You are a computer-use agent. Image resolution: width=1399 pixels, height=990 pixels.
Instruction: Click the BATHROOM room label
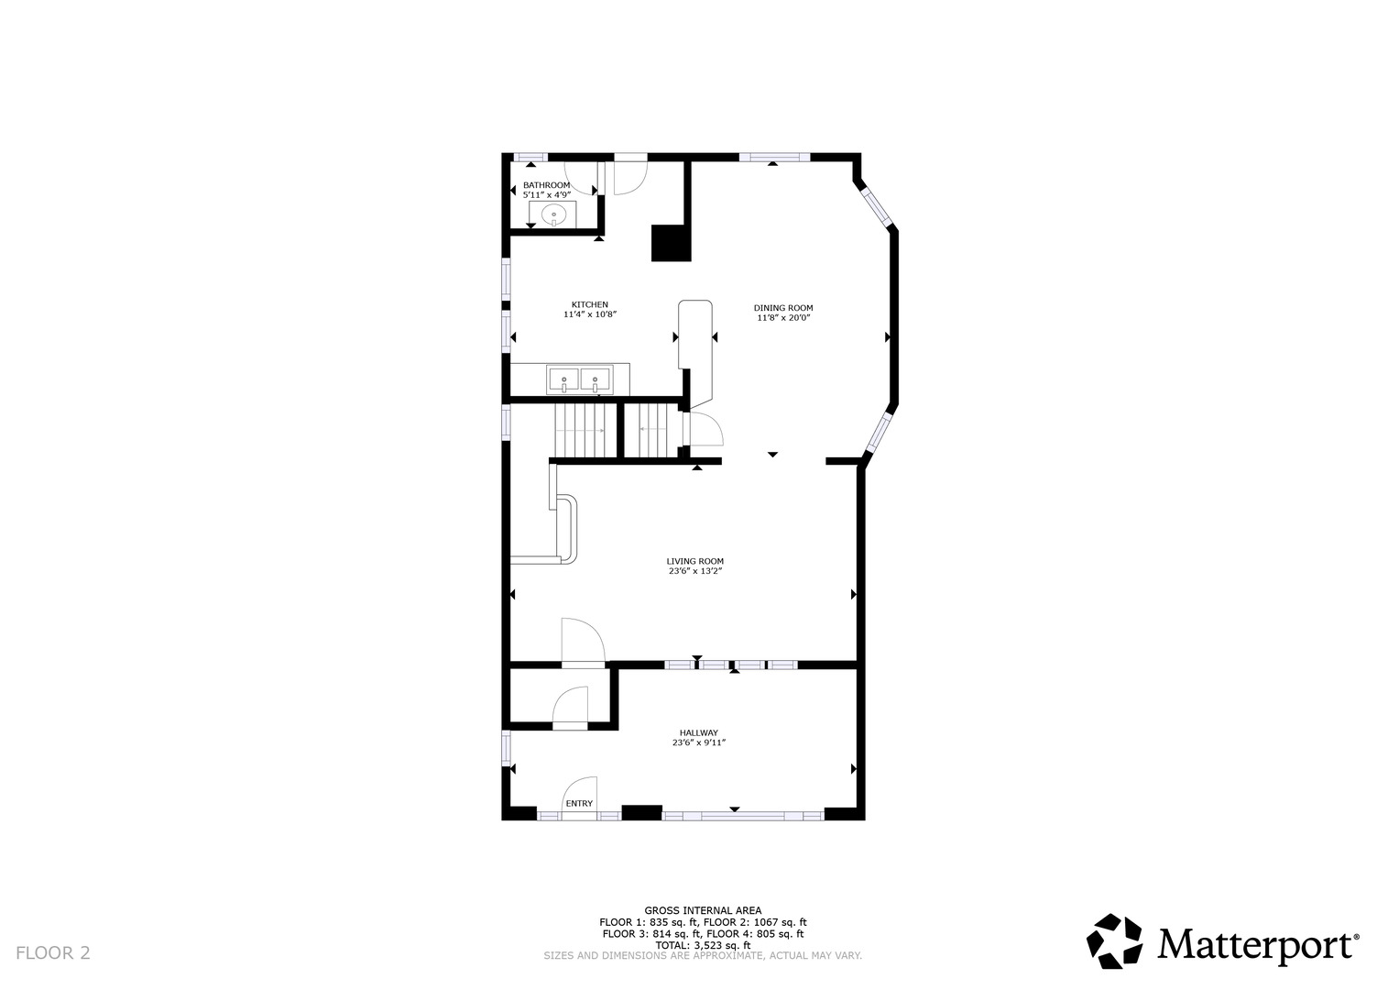click(546, 185)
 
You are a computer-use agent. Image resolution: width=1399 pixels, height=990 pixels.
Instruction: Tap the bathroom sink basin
click(553, 215)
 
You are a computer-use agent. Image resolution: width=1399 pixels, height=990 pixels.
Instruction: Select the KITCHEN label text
click(589, 304)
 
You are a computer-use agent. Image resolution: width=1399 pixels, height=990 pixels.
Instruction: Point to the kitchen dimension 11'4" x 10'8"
click(589, 315)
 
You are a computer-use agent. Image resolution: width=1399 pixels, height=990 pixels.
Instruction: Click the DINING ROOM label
click(783, 308)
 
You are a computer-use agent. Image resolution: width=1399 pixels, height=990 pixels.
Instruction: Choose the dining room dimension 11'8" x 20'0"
click(783, 318)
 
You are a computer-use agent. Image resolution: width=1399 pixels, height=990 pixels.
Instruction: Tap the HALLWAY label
click(698, 732)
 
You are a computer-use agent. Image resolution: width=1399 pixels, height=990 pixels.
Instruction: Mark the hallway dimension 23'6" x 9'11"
click(698, 743)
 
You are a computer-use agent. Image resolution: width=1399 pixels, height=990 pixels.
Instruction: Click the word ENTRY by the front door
click(579, 804)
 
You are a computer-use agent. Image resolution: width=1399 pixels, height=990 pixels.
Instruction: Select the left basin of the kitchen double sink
click(563, 378)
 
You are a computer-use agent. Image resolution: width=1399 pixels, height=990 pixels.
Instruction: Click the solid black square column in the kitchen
click(670, 243)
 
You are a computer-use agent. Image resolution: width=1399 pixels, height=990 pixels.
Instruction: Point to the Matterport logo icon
click(1114, 941)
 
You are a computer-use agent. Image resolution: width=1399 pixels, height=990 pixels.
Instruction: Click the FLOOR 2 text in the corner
click(53, 953)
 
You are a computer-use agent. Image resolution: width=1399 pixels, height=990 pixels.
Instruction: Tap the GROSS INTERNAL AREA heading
click(703, 910)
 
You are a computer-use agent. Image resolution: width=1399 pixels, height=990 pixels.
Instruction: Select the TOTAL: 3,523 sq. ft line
click(703, 945)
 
